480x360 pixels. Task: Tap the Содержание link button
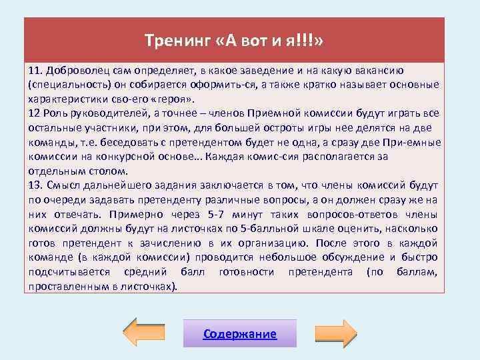(240, 333)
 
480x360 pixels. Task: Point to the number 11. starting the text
(37, 70)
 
